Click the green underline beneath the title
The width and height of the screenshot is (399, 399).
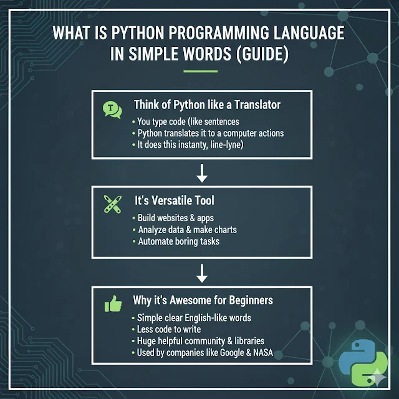[199, 70]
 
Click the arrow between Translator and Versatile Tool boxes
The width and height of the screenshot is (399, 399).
[201, 173]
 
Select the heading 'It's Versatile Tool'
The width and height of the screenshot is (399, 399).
[173, 201]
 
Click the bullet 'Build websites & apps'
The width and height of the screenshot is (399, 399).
[175, 219]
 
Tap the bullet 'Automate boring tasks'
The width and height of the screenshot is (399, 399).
[178, 241]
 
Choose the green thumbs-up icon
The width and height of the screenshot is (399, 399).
[113, 304]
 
